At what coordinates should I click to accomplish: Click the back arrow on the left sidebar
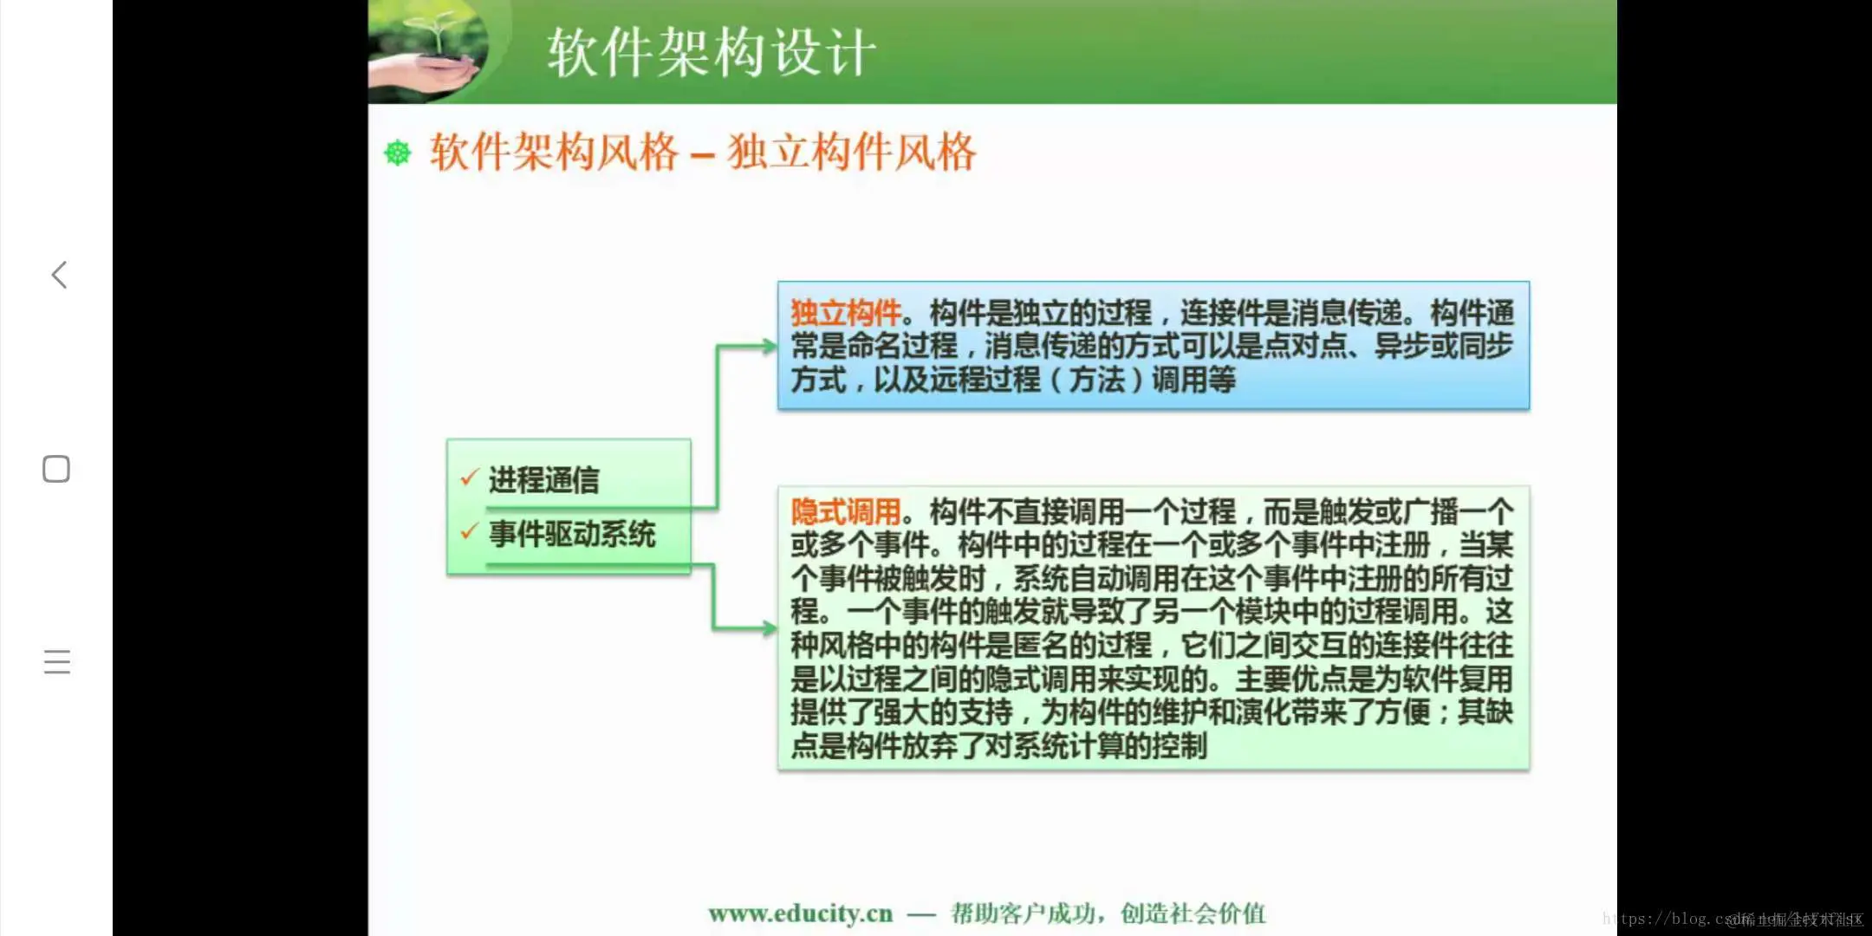[59, 275]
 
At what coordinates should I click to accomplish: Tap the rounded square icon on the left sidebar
[56, 469]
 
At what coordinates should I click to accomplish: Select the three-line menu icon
[57, 661]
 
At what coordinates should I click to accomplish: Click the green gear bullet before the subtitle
[398, 153]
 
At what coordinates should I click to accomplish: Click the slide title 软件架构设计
[711, 52]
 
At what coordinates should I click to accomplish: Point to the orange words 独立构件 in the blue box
[845, 313]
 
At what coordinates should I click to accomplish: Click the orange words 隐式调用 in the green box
[845, 512]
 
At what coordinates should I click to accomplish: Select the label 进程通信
[543, 479]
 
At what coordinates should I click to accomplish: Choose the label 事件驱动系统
[572, 534]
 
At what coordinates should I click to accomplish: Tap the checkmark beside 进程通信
[469, 478]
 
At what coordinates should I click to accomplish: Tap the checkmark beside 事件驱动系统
[469, 531]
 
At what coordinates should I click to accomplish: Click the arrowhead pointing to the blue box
[769, 347]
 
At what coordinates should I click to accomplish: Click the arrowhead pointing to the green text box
[769, 628]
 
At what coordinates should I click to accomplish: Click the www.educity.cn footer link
[800, 913]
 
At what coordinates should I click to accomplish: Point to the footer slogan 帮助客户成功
[1023, 913]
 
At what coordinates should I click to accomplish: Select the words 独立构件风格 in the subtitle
[852, 153]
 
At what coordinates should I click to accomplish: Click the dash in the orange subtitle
[702, 156]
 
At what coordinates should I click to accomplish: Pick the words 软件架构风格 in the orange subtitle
[554, 153]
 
